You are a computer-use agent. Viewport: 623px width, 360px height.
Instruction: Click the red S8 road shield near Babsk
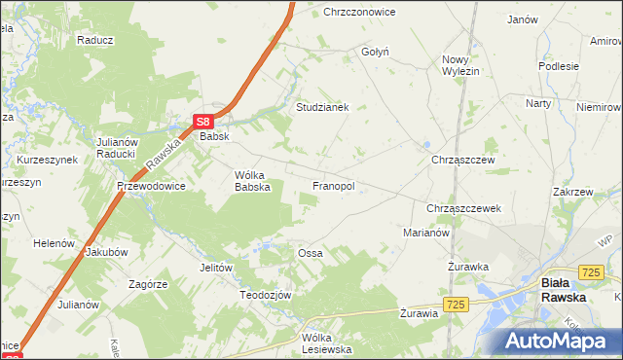pos(202,122)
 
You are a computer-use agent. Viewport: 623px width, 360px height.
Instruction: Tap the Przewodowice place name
pos(151,186)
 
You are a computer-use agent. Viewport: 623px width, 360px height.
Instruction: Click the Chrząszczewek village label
pos(463,208)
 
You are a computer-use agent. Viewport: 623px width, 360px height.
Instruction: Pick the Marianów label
pos(425,233)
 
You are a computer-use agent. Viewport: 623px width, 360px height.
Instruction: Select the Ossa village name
pos(310,253)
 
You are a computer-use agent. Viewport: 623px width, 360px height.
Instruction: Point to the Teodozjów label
pos(267,294)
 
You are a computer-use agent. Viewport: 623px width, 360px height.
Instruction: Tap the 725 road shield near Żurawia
pos(458,305)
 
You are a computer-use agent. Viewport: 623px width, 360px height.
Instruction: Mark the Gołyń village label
pos(375,52)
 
